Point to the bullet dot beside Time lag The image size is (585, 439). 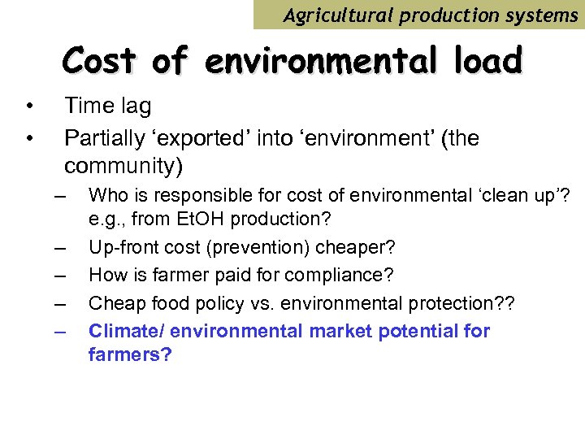(x=28, y=106)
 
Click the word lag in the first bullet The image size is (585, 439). (x=135, y=106)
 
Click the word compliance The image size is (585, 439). (x=344, y=276)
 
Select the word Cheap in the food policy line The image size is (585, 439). (x=112, y=303)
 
